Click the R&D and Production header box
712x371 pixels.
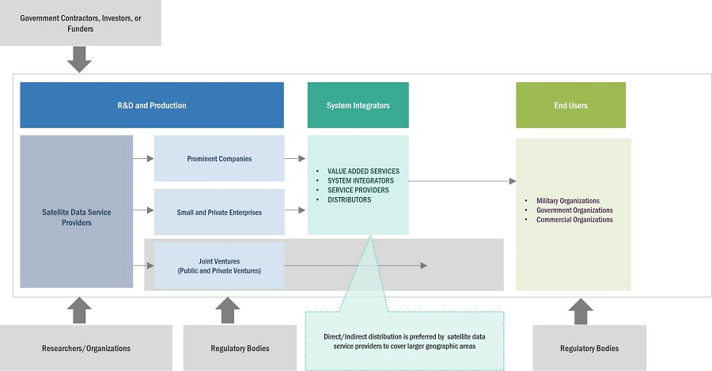pos(151,105)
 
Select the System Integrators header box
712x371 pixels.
pos(358,105)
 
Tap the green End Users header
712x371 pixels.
pos(570,105)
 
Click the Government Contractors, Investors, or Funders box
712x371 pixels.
pos(79,23)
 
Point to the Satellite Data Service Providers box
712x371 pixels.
pos(76,211)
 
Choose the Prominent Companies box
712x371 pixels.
pos(219,158)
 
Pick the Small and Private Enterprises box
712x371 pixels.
pos(219,211)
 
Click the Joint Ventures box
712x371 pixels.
pos(219,265)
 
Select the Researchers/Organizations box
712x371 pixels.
pos(86,348)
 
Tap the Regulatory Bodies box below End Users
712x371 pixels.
pos(589,348)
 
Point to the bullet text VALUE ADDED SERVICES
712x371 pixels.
pos(363,171)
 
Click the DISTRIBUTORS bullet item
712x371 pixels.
pos(349,200)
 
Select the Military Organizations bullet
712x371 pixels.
pos(567,201)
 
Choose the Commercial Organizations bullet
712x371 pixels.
pos(574,220)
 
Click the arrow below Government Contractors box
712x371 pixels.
pos(79,59)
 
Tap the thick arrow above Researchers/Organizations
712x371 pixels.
pos(79,309)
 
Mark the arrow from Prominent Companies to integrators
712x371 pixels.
pos(295,158)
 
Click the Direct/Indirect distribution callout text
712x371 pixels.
pos(406,342)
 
